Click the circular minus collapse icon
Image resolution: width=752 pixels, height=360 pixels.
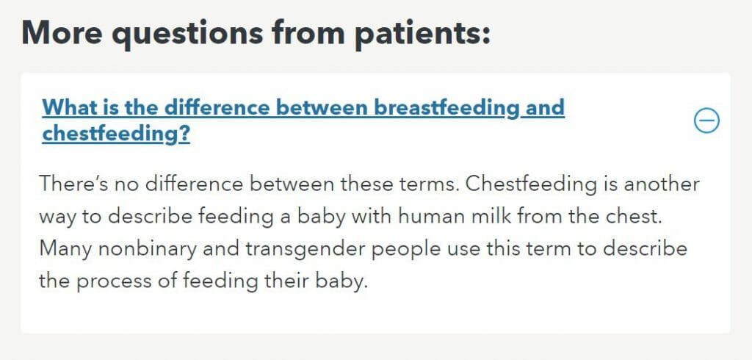(706, 120)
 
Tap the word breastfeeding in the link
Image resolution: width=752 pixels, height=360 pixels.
(446, 107)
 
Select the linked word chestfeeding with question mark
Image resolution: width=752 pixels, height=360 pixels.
(116, 134)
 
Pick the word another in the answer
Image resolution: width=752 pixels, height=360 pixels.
(662, 184)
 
